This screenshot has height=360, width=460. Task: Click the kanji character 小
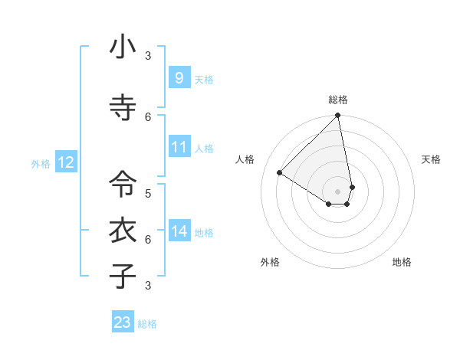tap(123, 47)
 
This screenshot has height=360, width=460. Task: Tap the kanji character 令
tap(123, 184)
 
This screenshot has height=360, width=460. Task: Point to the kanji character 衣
tap(123, 230)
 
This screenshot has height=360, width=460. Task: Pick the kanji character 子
tap(123, 276)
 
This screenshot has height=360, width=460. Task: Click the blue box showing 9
tap(179, 78)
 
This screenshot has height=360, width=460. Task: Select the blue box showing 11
tap(179, 147)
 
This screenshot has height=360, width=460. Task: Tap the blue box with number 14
tap(179, 231)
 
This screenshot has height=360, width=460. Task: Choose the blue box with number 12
tap(65, 162)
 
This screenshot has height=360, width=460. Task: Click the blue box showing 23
tap(123, 322)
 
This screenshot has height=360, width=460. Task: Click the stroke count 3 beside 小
tap(148, 56)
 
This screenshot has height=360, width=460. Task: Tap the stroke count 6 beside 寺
tap(148, 116)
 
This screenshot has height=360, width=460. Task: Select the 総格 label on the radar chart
tap(337, 100)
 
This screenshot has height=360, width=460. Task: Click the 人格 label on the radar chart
tap(245, 159)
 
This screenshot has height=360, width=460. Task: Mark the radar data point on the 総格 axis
tap(337, 116)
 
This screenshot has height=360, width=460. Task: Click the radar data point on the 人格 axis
tap(280, 173)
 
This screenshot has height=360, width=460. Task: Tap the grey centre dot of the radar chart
tap(337, 191)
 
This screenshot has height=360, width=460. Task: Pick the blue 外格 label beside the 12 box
tap(41, 163)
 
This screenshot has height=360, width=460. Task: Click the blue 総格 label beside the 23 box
tap(147, 324)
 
